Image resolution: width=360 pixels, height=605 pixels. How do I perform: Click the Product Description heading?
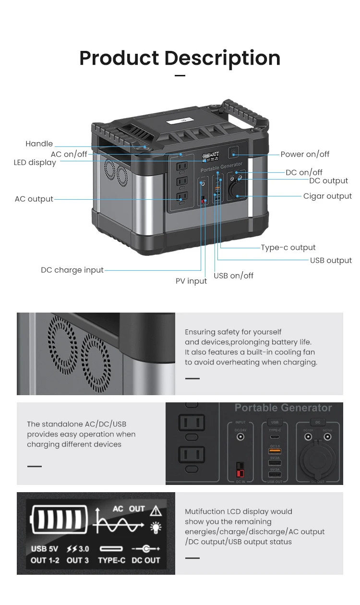[x=180, y=58]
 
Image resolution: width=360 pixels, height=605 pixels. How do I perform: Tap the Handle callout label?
[x=39, y=144]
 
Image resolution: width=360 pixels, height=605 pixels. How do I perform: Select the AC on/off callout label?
[x=69, y=154]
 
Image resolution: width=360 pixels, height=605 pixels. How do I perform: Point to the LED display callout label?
[x=35, y=162]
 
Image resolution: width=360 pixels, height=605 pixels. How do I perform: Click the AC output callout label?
[x=34, y=199]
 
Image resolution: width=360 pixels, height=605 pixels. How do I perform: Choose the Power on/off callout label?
[x=305, y=154]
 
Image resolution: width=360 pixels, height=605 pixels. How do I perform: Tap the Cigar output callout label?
[x=327, y=196]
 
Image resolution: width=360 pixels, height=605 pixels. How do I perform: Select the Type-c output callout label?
[x=288, y=247]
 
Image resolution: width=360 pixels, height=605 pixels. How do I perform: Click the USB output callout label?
[x=331, y=260]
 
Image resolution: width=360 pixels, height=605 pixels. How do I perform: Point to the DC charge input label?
[x=72, y=270]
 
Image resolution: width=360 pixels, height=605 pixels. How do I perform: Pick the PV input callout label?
[x=191, y=281]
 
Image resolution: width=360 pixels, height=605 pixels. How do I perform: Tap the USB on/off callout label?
[x=233, y=276]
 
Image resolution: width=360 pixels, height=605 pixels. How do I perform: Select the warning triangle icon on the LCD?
[x=156, y=510]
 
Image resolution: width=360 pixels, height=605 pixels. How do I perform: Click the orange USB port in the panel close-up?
[x=275, y=451]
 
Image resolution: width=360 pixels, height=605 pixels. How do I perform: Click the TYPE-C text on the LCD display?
[x=111, y=560]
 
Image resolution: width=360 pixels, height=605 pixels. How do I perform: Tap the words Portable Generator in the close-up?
[x=283, y=408]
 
